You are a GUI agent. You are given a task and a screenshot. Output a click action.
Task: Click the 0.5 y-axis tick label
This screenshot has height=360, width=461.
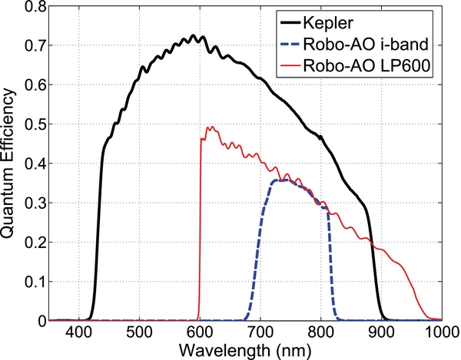pyautogui.click(x=30, y=124)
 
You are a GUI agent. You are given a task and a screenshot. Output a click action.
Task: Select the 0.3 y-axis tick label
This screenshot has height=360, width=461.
pyautogui.click(x=30, y=203)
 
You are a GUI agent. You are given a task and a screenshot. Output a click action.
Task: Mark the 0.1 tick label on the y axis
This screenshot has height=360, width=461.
pyautogui.click(x=30, y=281)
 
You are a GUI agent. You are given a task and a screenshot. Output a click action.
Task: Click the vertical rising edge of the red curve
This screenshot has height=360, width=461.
pyautogui.click(x=200, y=230)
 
